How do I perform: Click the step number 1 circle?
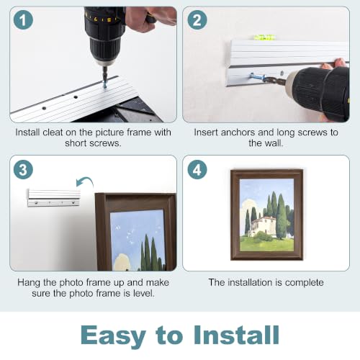pos(23,20)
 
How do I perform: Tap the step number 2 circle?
pos(197,20)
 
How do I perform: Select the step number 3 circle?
pos(23,170)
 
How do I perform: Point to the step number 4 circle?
pos(197,170)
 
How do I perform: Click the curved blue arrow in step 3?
pos(85,179)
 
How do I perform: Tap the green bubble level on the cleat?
pos(264,37)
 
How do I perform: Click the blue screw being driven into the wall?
pos(257,77)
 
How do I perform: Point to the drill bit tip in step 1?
pos(104,87)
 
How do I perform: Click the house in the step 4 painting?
pos(263,225)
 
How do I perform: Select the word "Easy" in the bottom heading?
pos(113,336)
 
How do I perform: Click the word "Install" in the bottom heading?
pos(236,335)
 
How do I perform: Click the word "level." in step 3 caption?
pos(143,293)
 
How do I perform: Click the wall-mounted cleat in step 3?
pos(54,198)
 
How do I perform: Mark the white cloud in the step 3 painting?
pos(123,262)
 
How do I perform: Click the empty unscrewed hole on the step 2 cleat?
pos(282,72)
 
